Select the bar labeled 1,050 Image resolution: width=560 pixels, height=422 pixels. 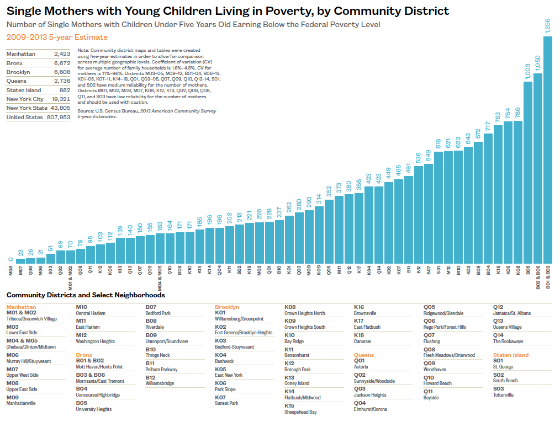pos(538,168)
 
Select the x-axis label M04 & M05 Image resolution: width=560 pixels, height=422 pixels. pos(160,279)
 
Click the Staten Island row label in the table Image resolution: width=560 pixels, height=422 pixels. pos(24,90)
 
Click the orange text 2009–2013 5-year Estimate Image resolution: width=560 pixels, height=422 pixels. pos(57,37)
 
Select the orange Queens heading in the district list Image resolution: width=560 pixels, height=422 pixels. pos(364,355)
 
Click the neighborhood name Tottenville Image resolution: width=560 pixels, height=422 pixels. pos(503,395)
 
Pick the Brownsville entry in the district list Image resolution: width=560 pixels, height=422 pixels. pos(365,313)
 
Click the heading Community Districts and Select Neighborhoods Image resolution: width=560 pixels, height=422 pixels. pos(86,295)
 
